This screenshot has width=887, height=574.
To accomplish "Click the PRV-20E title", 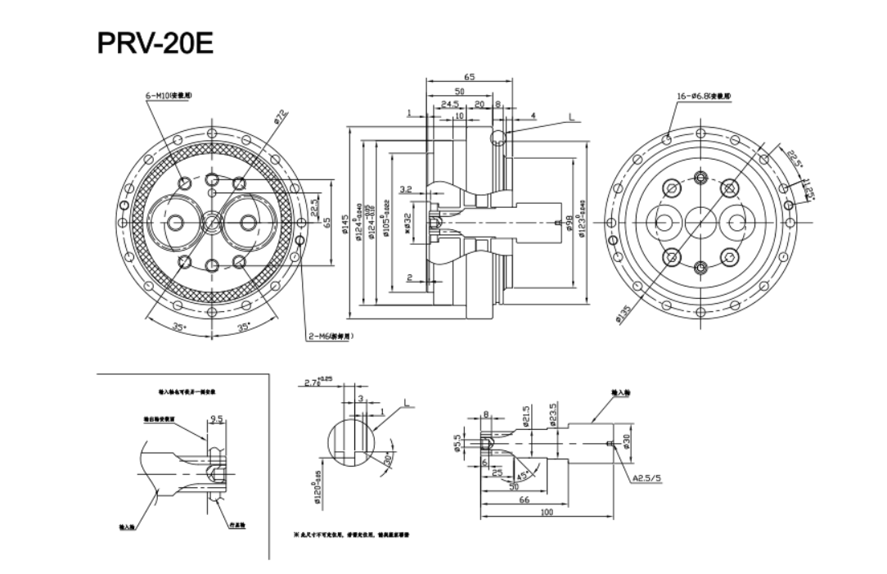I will pos(155,43).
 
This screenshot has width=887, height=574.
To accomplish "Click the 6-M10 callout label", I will pos(169,97).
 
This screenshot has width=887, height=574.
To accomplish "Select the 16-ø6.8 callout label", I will pos(705,97).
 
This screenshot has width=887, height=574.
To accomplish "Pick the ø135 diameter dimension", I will pos(625,314).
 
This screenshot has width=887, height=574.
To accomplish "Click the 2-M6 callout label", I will pos(330,336).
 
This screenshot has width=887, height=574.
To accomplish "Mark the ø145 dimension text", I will pos(346,224).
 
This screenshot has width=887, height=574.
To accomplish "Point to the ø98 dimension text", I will pos(570,223).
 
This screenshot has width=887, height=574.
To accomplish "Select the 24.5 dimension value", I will pos(450,104).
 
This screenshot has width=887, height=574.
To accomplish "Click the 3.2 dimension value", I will pos(405,190).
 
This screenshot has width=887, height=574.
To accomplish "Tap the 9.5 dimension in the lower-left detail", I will pos(216,419).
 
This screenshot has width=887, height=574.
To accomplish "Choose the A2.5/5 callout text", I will pos(646,478).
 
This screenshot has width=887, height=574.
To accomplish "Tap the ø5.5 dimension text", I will pos(458,442).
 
